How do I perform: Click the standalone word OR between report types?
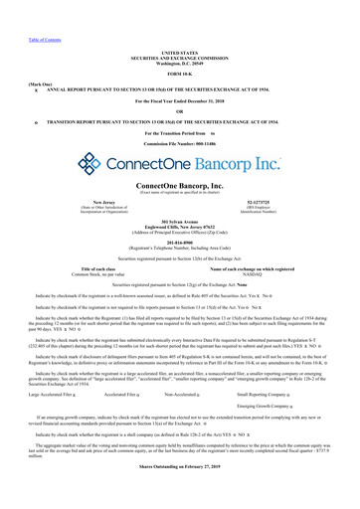tap(180, 110)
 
